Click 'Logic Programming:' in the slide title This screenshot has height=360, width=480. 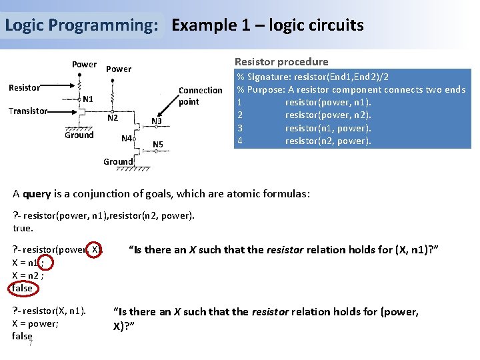point(82,26)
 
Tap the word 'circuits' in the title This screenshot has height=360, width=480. point(333,26)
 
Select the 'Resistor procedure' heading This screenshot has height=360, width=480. point(281,62)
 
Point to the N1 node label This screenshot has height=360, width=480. point(87,99)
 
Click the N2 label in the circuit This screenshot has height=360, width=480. point(113,118)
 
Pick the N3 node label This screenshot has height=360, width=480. point(157,121)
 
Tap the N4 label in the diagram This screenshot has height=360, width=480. point(125,139)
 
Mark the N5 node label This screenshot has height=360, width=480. point(158,145)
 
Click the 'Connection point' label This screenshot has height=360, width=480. point(200,96)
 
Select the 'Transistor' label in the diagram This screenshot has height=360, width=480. point(28,111)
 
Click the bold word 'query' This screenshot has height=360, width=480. point(36,194)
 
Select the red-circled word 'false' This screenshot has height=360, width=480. point(22,288)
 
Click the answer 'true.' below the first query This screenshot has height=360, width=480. point(23,228)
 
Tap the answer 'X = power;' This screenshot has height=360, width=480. point(35,323)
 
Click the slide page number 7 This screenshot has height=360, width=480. point(31,343)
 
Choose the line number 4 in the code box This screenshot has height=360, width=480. point(239,141)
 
